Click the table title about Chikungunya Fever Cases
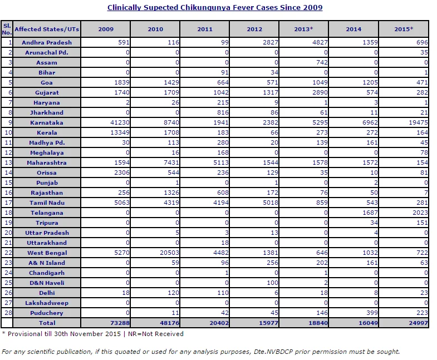point(215,8)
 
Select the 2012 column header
point(254,29)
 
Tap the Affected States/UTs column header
point(47,29)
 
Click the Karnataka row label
point(47,122)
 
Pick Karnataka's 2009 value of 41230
point(120,122)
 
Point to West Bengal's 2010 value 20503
point(169,253)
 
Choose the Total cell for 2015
point(418,323)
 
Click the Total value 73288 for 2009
point(120,323)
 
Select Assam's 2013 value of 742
point(322,62)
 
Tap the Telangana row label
point(47,213)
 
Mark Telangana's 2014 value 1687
point(370,213)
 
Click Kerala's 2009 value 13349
point(120,132)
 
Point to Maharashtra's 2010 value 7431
point(171,162)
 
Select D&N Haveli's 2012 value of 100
point(273,283)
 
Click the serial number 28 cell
point(8,313)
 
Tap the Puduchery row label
point(47,313)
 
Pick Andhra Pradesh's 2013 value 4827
point(320,42)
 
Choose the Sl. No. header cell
point(7,29)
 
